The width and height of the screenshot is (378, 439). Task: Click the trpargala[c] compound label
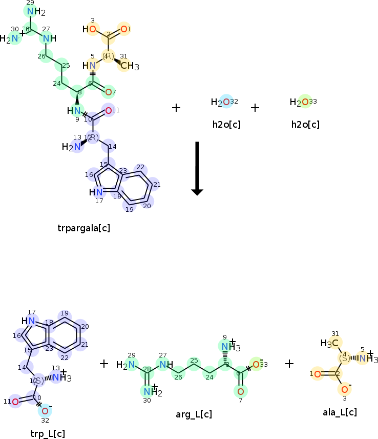pyautogui.click(x=84, y=228)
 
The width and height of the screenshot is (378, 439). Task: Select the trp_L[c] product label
pyautogui.click(x=48, y=434)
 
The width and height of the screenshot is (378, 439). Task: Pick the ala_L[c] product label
pyautogui.click(x=340, y=412)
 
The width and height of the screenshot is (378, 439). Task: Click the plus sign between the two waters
pyautogui.click(x=255, y=108)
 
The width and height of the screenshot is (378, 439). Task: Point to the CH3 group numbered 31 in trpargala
pyautogui.click(x=129, y=66)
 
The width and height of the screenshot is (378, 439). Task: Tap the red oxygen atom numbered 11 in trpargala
pyautogui.click(x=109, y=110)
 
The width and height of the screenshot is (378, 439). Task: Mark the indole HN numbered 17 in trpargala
pyautogui.click(x=96, y=192)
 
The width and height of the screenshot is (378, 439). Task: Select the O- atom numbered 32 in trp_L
pyautogui.click(x=45, y=410)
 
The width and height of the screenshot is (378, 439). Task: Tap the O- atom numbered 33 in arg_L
pyautogui.click(x=256, y=365)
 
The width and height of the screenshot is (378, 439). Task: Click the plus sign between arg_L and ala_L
pyautogui.click(x=289, y=364)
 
